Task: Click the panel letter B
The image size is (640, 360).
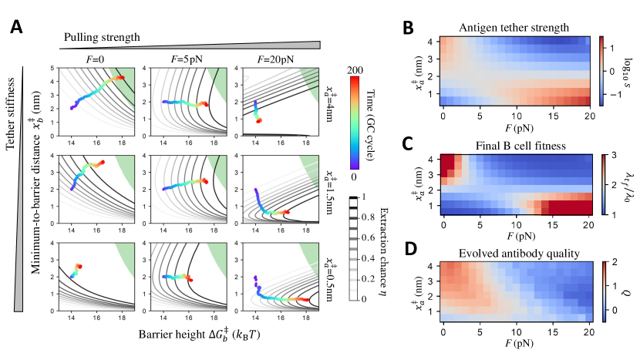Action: point(411,29)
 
